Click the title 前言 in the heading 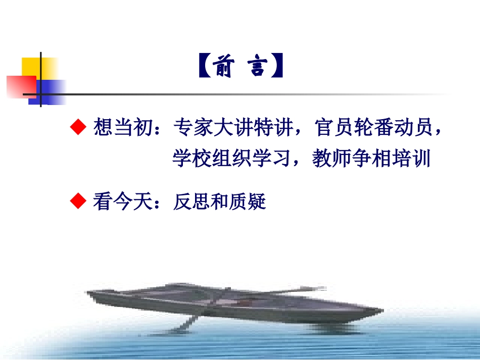(x=239, y=67)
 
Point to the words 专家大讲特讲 (x=232, y=129)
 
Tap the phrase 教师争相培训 (x=371, y=159)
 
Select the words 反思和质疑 (x=219, y=202)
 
